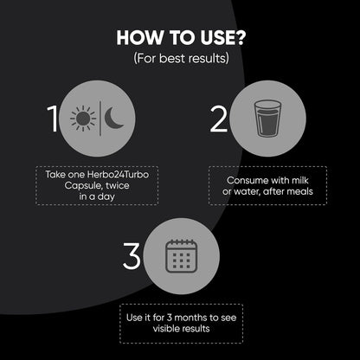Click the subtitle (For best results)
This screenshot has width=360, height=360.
[181, 58]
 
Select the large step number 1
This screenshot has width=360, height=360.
[53, 119]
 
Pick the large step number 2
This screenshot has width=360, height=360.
[219, 119]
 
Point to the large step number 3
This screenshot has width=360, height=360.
[132, 256]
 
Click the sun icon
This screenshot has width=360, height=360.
[83, 118]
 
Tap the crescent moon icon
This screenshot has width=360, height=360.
[114, 118]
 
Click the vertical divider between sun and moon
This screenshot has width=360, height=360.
[100, 119]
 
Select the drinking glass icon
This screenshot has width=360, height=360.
[267, 119]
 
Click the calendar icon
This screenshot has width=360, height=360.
[182, 256]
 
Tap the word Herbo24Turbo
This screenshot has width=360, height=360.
[118, 175]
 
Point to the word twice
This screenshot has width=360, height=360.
[118, 185]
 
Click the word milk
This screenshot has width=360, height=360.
[300, 180]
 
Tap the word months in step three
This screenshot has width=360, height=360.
[190, 318]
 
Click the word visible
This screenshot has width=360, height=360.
[166, 329]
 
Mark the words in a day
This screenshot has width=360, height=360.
[97, 197]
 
